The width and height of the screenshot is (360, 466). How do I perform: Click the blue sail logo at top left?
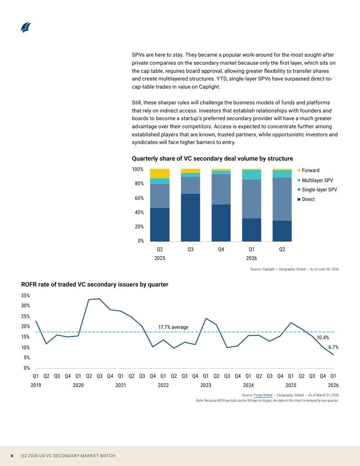pos(26,27)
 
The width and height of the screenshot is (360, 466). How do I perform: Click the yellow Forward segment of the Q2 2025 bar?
pos(160,173)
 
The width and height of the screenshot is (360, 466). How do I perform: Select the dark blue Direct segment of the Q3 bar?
pos(191,218)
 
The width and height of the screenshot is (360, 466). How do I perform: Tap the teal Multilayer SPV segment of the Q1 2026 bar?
pos(251,174)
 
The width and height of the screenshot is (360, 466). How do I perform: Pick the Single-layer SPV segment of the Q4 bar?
pos(221,189)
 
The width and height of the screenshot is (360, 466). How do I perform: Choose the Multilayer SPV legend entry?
pos(315,180)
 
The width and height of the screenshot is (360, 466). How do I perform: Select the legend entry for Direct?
pos(306,199)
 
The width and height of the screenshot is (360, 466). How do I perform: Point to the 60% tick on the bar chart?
pos(139,198)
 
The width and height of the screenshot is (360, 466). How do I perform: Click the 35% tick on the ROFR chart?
pos(25,295)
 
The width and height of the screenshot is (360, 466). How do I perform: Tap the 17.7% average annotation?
pos(173,327)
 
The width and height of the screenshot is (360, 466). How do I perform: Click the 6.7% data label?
pos(333,347)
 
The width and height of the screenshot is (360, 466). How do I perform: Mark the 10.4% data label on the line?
pos(323,337)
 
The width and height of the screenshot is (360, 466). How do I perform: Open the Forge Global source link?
pos(263,395)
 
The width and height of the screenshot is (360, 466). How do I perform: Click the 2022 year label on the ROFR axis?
pos(163,386)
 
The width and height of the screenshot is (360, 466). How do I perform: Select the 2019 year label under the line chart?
pos(36,386)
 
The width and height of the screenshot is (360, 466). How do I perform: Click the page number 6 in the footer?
pos(12,456)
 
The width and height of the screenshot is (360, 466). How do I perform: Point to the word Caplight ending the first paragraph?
pos(209,87)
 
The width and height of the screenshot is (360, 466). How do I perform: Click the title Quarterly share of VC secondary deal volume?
pos(212,159)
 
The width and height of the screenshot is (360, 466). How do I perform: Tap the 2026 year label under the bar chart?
pos(251,258)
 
